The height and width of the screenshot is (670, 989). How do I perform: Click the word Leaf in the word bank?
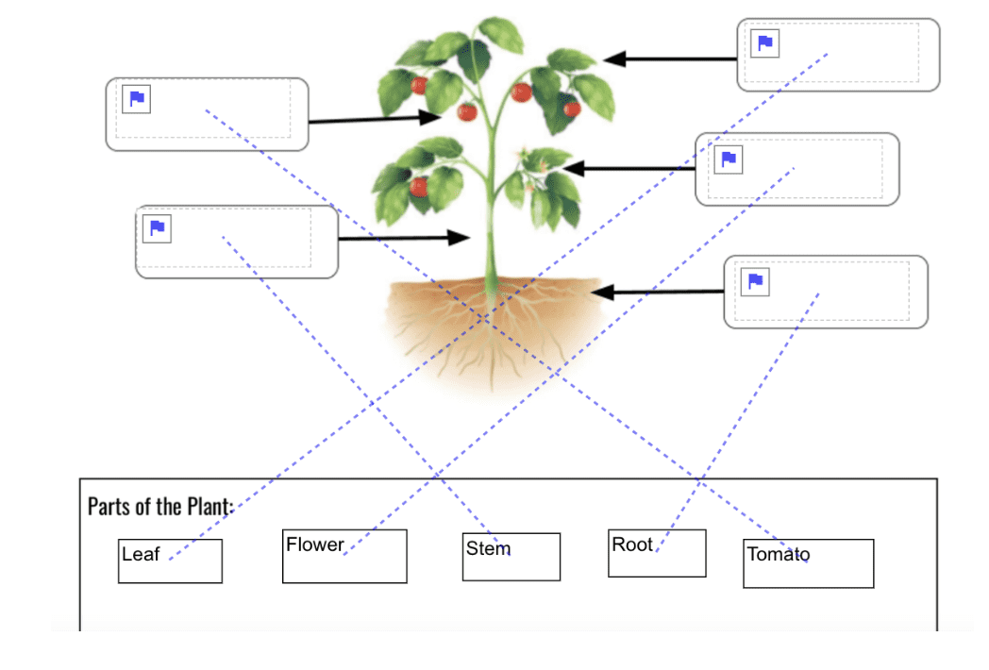pos(141,555)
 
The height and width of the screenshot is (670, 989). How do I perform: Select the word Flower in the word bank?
pos(315,544)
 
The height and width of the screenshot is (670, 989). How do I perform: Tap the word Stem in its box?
pos(488,548)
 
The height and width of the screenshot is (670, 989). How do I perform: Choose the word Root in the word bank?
pos(632,544)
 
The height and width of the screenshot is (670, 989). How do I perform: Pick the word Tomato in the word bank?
pos(778,554)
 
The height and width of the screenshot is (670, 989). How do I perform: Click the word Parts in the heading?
pos(109,506)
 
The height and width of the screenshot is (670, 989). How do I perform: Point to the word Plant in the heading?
pos(208,506)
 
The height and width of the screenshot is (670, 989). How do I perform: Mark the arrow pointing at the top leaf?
pos(669,59)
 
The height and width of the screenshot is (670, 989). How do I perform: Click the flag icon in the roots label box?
pos(755,281)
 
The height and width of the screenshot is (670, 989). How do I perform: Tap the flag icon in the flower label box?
pos(729,159)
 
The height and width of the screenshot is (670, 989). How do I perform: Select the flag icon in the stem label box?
pos(158,228)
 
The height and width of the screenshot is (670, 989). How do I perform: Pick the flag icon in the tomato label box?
pos(137,98)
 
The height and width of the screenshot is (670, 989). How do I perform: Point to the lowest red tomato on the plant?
pos(420,187)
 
